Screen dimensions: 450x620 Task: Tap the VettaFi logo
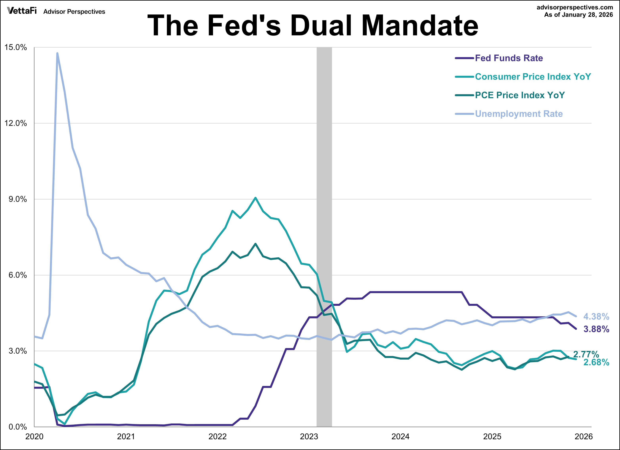(x=22, y=11)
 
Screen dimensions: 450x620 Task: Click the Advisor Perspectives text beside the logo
(x=74, y=12)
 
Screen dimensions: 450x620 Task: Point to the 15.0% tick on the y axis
(x=16, y=47)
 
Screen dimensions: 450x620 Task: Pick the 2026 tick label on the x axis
(x=583, y=437)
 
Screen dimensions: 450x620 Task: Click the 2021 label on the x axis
(x=126, y=437)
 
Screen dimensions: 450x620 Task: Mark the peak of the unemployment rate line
(x=57, y=53)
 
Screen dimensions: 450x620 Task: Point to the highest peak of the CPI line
(x=255, y=198)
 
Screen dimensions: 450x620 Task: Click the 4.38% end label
(x=596, y=317)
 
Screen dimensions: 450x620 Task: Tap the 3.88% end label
(x=596, y=329)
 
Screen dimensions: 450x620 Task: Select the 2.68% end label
(x=596, y=363)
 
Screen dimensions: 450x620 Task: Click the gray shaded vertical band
(x=324, y=219)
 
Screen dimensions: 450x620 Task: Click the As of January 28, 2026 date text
(x=578, y=15)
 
